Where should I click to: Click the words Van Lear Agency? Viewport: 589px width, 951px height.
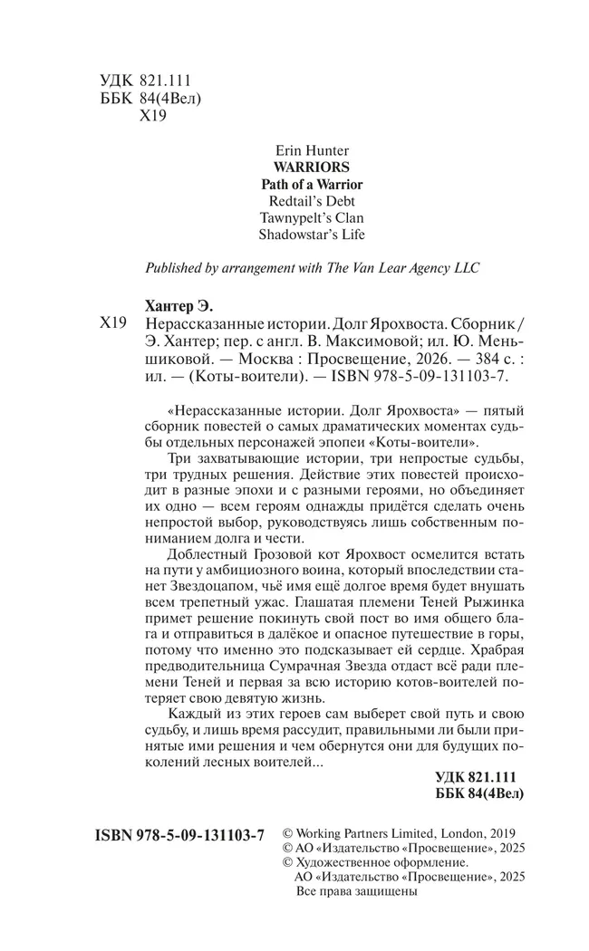coord(400,268)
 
